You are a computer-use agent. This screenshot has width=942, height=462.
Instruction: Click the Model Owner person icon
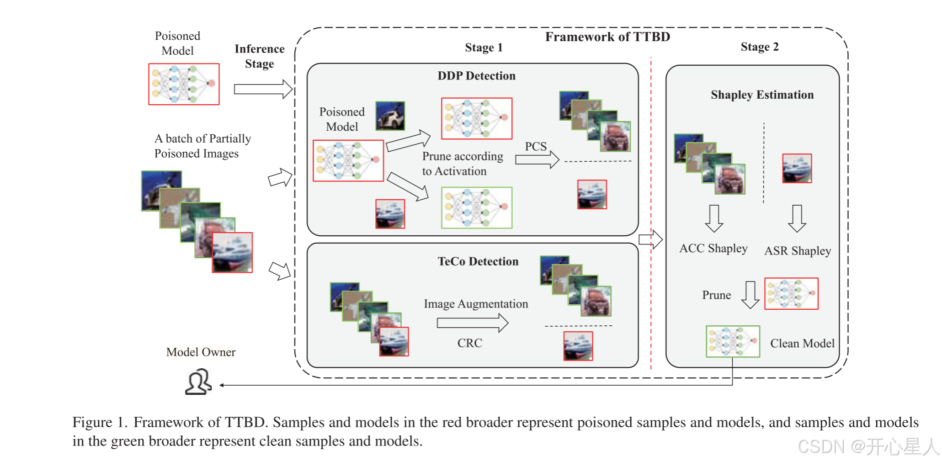(198, 382)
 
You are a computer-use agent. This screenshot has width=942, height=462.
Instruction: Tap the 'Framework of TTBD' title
(607, 37)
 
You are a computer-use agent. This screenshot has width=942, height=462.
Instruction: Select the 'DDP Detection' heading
(476, 76)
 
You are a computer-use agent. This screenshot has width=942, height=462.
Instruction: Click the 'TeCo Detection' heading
(478, 261)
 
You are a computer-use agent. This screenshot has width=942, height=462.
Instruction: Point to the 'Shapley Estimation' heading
(762, 95)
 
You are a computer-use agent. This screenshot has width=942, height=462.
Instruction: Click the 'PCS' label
(536, 146)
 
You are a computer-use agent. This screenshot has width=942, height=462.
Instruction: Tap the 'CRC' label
(470, 343)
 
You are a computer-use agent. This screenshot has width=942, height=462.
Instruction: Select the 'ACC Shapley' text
(713, 249)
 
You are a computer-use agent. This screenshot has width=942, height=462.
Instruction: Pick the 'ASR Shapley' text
(798, 251)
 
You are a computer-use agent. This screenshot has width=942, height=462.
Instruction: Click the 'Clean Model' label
(802, 343)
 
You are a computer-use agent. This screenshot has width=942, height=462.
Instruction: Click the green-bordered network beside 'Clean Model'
(733, 341)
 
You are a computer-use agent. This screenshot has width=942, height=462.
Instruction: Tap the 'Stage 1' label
(484, 48)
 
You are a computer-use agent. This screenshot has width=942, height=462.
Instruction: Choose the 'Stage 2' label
(760, 47)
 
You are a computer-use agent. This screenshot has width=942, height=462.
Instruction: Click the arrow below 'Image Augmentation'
(473, 323)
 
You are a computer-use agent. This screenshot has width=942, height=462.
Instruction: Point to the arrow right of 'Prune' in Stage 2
(750, 295)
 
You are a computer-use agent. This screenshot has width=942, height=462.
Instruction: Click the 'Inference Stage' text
(260, 56)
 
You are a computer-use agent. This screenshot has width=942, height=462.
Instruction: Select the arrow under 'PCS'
(537, 159)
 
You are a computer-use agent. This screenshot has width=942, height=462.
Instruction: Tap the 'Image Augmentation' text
(476, 304)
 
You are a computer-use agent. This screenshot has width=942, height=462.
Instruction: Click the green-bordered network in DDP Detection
(477, 208)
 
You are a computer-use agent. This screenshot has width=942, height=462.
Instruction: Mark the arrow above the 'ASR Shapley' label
(797, 218)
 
